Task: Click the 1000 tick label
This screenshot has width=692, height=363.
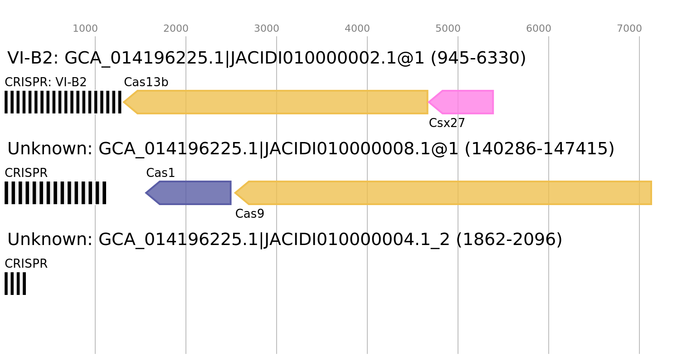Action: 85,29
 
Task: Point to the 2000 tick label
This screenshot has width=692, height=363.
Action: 175,29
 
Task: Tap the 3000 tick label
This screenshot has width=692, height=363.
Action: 266,29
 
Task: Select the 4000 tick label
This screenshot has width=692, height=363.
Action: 357,29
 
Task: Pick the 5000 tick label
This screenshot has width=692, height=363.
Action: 448,29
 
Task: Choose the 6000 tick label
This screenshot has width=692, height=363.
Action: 538,29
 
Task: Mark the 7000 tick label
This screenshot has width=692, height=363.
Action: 629,29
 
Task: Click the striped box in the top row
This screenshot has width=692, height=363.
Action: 63,102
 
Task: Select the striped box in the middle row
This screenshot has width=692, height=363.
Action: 55,193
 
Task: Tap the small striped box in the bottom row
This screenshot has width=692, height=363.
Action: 15,284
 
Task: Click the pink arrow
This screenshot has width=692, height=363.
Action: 465,102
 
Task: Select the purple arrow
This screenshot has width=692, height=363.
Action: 193,193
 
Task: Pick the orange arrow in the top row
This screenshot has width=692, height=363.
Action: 281,102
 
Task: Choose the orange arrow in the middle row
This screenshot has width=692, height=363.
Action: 449,193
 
